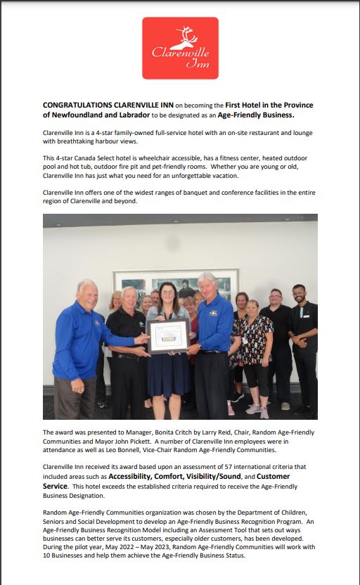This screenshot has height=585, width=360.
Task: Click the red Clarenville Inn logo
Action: tap(180, 48)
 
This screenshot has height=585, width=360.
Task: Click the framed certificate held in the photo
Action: tap(168, 335)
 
